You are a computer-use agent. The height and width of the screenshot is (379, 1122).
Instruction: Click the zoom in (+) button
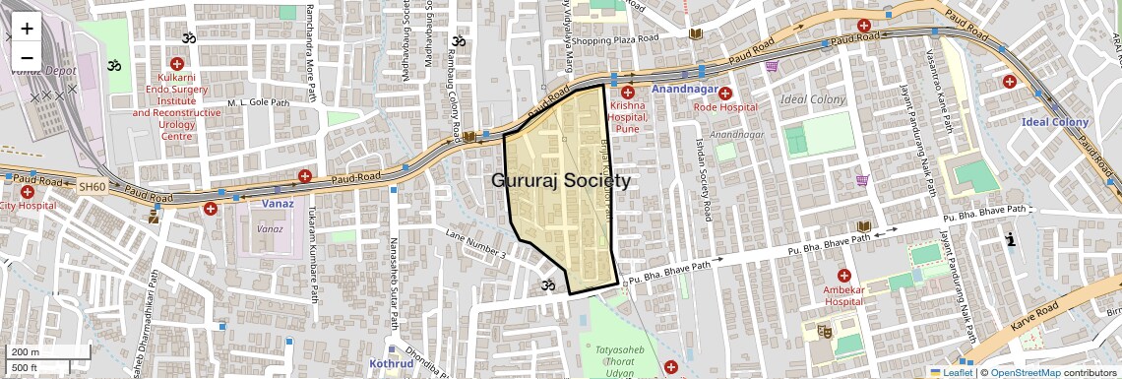[27, 29]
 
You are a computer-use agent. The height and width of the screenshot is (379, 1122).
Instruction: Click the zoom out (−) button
[27, 58]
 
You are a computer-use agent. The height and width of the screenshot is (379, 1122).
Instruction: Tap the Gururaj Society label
[561, 181]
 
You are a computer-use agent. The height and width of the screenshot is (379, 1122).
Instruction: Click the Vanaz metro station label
[279, 203]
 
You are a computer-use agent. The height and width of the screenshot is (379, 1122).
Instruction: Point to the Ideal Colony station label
[1055, 122]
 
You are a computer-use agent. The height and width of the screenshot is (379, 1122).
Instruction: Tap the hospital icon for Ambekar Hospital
[843, 275]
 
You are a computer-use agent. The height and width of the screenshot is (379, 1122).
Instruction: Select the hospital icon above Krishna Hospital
[627, 92]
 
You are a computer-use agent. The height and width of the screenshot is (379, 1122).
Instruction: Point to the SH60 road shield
[92, 186]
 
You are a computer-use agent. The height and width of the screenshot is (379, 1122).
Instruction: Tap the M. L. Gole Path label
[258, 102]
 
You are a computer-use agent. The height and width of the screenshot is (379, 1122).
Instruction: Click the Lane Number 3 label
[474, 244]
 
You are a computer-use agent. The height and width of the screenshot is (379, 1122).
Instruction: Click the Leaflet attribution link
[952, 372]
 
